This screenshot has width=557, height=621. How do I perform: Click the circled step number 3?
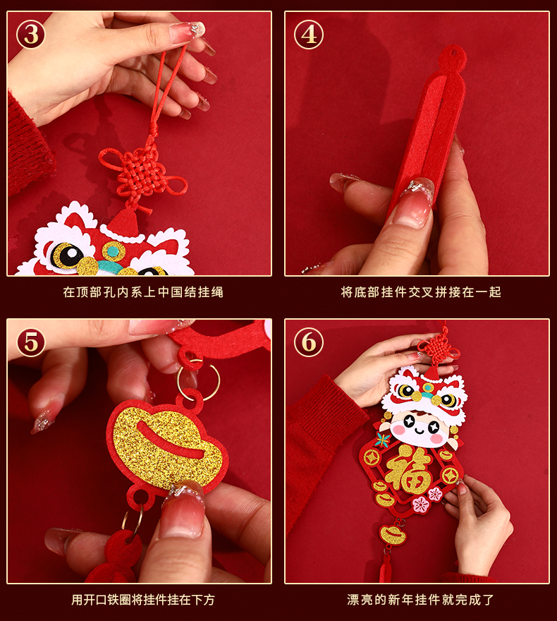tap(30, 35)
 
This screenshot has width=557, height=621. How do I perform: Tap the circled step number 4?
tap(309, 35)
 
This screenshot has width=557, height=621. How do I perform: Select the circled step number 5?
tap(30, 342)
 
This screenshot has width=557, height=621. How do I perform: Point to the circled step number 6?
tap(309, 342)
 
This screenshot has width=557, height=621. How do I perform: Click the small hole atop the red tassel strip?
tap(454, 52)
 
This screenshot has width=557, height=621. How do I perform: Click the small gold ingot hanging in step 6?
tap(393, 535)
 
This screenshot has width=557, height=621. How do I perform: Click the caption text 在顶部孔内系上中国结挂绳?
tap(143, 292)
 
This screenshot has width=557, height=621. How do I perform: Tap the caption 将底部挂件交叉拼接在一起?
tap(421, 292)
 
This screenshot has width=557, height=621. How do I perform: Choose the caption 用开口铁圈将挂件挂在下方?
tap(143, 600)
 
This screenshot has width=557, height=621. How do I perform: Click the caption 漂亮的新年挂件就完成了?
tap(421, 600)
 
